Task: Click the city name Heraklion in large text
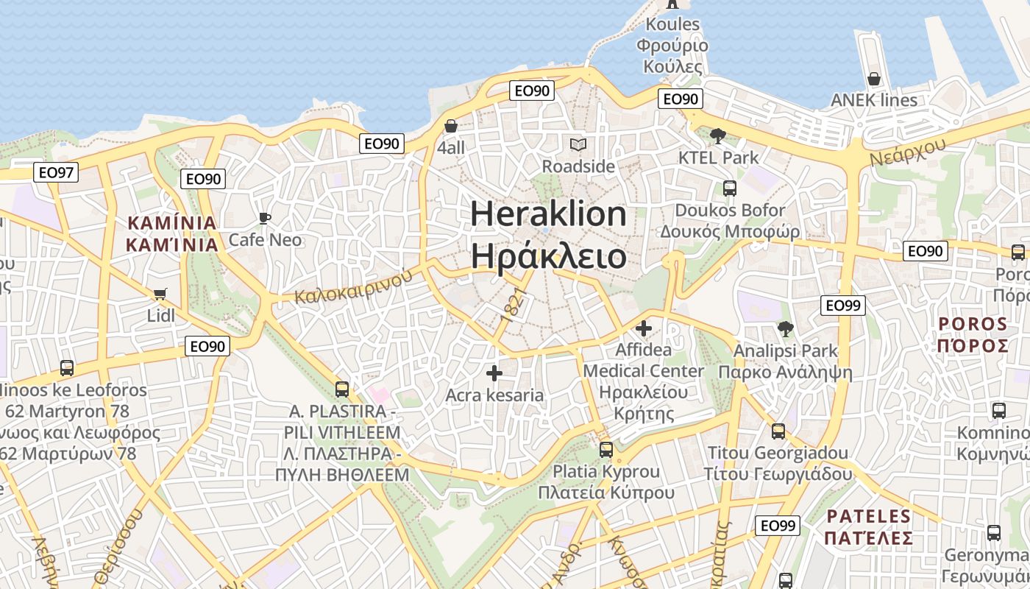pyautogui.click(x=548, y=214)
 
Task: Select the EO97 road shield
pyautogui.click(x=57, y=173)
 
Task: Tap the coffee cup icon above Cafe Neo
pyautogui.click(x=265, y=218)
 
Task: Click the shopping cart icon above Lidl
pyautogui.click(x=160, y=294)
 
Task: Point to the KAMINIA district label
pyautogui.click(x=172, y=223)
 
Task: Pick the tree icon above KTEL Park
pyautogui.click(x=718, y=135)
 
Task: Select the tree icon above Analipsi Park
pyautogui.click(x=786, y=329)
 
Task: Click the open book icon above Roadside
pyautogui.click(x=578, y=145)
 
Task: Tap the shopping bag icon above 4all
pyautogui.click(x=451, y=126)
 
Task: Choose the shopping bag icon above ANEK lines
pyautogui.click(x=874, y=78)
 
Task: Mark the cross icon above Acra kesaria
pyautogui.click(x=494, y=373)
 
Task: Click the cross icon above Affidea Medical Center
pyautogui.click(x=644, y=328)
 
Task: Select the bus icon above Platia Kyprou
pyautogui.click(x=606, y=449)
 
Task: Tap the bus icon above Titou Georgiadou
pyautogui.click(x=778, y=431)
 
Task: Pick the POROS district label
pyautogui.click(x=973, y=324)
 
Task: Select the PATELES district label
pyautogui.click(x=868, y=516)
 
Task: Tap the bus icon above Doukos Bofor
pyautogui.click(x=730, y=188)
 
